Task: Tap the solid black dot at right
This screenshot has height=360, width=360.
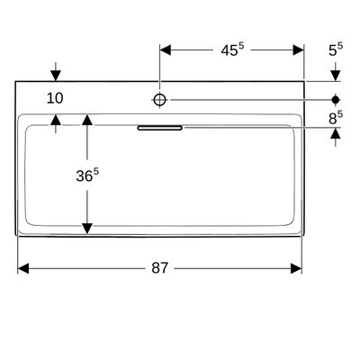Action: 336,99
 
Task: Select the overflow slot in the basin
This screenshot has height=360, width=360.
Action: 160,128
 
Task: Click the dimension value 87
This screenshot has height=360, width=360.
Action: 159,267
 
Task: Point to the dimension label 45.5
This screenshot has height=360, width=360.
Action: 232,49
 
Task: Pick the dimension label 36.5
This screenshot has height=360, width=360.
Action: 87,175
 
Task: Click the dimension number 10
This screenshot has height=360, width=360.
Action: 55,98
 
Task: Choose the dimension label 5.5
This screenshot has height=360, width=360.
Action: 336,49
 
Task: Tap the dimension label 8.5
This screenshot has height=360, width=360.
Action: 336,118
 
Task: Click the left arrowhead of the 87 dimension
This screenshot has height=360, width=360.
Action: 23,268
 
